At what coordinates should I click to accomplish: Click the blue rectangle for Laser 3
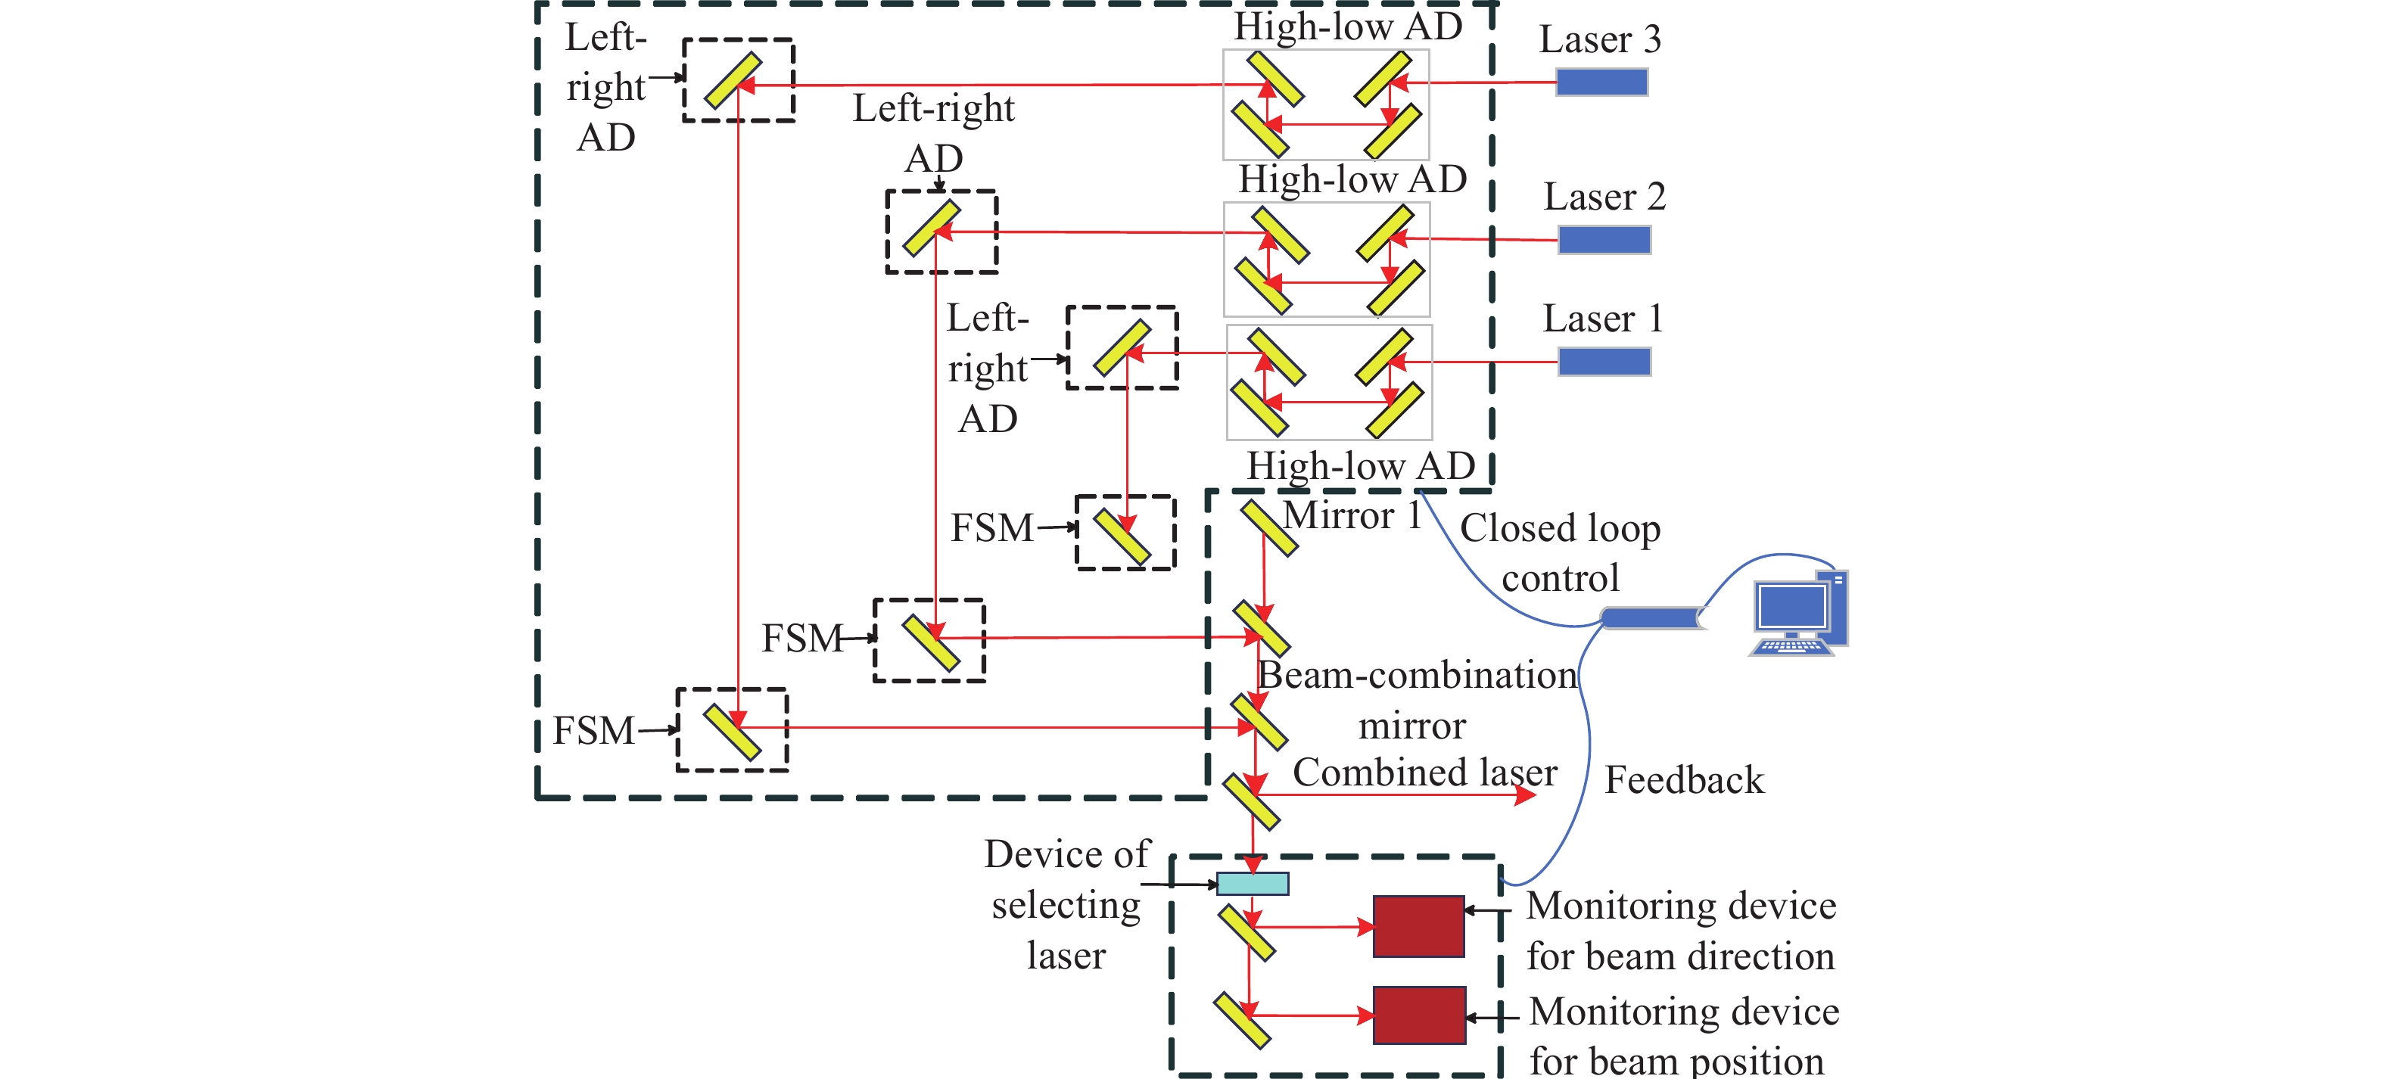coord(1601,82)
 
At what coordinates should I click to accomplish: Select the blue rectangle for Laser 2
coord(1604,241)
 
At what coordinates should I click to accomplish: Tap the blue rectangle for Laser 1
coord(1604,362)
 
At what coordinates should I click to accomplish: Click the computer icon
coord(1798,614)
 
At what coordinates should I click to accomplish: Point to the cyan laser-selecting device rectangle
coord(1252,884)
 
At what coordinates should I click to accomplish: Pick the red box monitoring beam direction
coord(1418,926)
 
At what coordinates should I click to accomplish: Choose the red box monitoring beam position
coord(1419,1015)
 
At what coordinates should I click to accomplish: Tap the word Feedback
coord(1683,780)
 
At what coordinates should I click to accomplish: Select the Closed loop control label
coord(1561,552)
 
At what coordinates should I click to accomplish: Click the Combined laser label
coord(1424,772)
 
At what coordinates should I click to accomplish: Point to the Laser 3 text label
coord(1599,40)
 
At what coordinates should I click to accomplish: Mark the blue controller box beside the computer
coord(1652,618)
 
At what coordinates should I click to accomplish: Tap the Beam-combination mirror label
coord(1416,701)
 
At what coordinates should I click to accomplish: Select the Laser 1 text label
coord(1602,319)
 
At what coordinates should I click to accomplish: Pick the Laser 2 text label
coord(1604,197)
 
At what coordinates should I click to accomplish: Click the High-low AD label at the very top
coord(1347,26)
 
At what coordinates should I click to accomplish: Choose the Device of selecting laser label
coord(1066,904)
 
